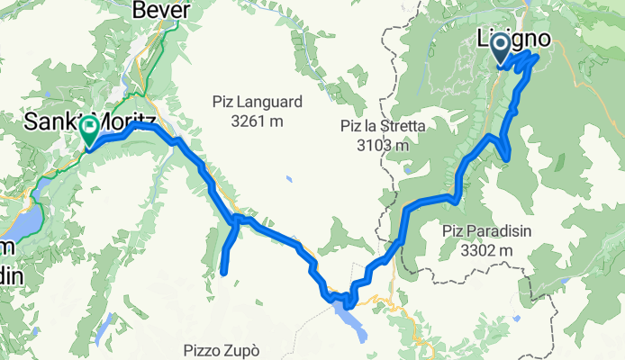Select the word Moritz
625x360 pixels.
(x=129, y=120)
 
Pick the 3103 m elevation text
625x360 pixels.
(x=383, y=144)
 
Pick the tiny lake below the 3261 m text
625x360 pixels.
(x=288, y=179)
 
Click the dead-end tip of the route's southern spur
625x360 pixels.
(x=222, y=271)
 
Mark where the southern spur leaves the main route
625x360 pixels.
(x=237, y=219)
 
